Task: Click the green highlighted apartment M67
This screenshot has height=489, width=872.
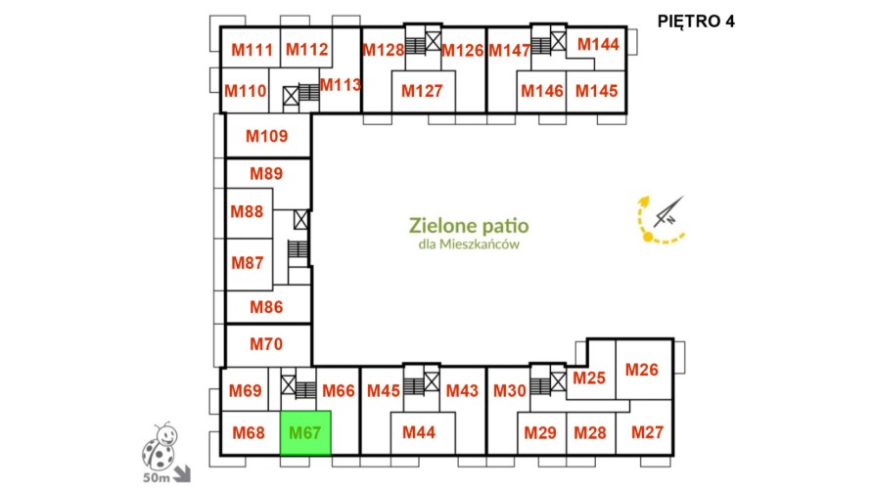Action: pyautogui.click(x=305, y=433)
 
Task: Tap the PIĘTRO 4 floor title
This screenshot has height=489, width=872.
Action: pyautogui.click(x=696, y=22)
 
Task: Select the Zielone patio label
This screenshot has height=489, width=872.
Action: pyautogui.click(x=469, y=226)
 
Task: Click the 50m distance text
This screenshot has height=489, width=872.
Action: pyautogui.click(x=157, y=477)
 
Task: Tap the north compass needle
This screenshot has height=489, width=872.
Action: pyautogui.click(x=667, y=211)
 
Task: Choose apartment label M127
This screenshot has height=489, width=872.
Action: pyautogui.click(x=422, y=91)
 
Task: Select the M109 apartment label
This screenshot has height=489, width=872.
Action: pyautogui.click(x=267, y=136)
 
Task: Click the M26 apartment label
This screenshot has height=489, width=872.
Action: pyautogui.click(x=642, y=370)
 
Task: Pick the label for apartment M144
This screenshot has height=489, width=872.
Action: pyautogui.click(x=598, y=44)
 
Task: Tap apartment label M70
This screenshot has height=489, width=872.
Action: pyautogui.click(x=266, y=344)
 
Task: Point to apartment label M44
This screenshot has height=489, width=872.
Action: pyautogui.click(x=419, y=432)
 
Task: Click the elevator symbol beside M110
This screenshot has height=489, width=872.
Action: pyautogui.click(x=291, y=96)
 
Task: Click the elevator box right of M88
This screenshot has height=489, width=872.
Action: pyautogui.click(x=300, y=219)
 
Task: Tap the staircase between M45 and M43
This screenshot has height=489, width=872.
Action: pyautogui.click(x=414, y=386)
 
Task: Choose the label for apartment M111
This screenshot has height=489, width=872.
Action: pyautogui.click(x=252, y=50)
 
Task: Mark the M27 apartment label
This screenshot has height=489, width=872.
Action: pyautogui.click(x=647, y=431)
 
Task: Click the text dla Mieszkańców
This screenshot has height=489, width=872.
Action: pyautogui.click(x=469, y=244)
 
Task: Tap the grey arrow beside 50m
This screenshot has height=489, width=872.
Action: pyautogui.click(x=182, y=473)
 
